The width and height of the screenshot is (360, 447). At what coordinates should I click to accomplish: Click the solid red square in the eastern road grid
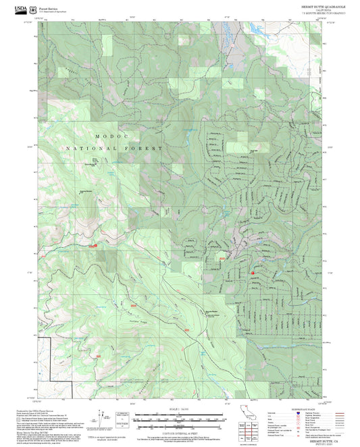click(253, 273)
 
